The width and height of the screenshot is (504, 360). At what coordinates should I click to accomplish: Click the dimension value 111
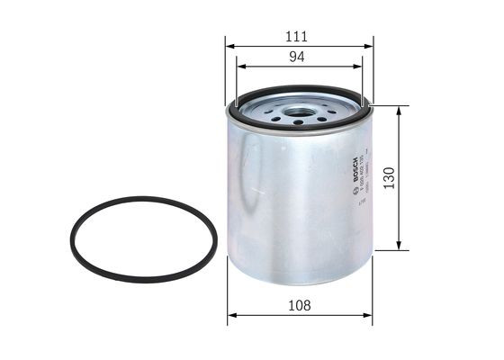[296, 36]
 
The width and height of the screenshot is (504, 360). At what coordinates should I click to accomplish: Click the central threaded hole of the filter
[299, 112]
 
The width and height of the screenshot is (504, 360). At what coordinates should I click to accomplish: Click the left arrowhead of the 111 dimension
[229, 45]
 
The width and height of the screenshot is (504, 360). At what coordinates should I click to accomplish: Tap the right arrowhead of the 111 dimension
[370, 45]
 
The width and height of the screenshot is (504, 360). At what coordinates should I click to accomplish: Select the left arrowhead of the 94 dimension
[238, 66]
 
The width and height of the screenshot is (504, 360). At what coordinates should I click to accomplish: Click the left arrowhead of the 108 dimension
[230, 316]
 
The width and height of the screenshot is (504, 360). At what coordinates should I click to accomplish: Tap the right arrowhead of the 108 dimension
[369, 316]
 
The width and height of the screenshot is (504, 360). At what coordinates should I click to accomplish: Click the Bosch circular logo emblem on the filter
[355, 159]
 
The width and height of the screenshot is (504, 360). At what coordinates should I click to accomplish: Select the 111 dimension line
[270, 45]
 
